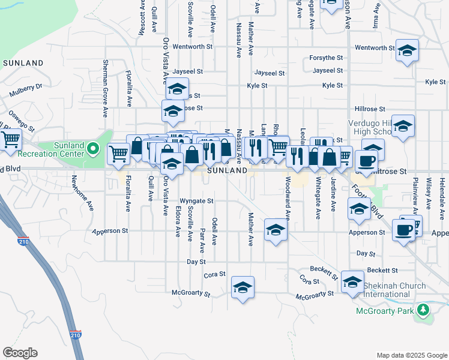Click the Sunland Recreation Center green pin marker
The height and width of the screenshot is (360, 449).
pyautogui.click(x=92, y=148)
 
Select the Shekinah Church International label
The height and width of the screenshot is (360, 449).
pyautogui.click(x=394, y=290)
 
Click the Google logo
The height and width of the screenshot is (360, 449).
pyautogui.click(x=20, y=353)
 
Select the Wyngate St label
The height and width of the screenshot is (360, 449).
pyautogui.click(x=197, y=201)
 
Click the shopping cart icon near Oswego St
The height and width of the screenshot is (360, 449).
pyautogui.click(x=10, y=140)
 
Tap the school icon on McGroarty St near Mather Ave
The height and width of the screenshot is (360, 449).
pyautogui.click(x=243, y=288)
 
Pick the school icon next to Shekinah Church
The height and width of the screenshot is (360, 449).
pyautogui.click(x=352, y=281)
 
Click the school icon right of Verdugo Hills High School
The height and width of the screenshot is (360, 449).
pyautogui.click(x=404, y=127)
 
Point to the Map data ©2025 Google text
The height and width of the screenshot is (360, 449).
pyautogui.click(x=411, y=355)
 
